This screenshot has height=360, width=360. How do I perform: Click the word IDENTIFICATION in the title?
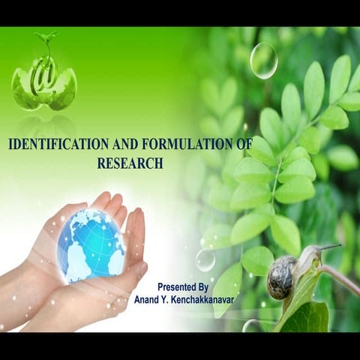(x=53, y=145)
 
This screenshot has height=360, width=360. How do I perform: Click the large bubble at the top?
(x=263, y=60)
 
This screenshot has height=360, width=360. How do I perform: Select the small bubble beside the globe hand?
(x=205, y=259)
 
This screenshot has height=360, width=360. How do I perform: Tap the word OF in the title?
(x=244, y=145)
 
